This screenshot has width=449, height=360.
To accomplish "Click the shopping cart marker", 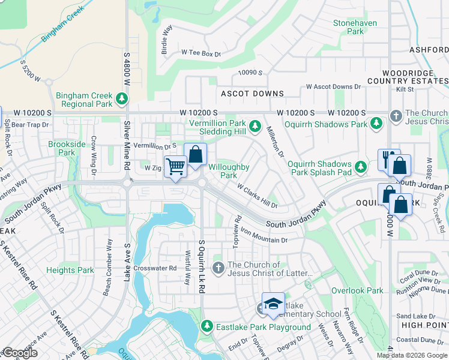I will pos(175,166).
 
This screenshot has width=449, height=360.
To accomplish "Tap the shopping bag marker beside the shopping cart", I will pos(196,155).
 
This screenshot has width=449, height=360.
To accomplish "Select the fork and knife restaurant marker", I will pos(388,158).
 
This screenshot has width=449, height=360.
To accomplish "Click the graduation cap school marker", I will pos(273,304).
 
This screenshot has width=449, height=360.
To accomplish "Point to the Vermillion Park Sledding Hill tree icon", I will pos(255,125).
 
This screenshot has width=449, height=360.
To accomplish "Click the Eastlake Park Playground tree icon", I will pos(207,326).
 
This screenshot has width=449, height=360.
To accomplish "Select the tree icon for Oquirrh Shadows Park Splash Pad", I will pos(361,166).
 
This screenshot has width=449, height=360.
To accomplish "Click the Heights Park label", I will pos(70,270).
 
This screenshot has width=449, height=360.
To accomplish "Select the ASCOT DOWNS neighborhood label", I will pos(252,94).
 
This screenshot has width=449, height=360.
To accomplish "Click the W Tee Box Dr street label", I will pos(201,53).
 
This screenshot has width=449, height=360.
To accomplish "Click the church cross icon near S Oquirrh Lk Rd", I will pos(218,266).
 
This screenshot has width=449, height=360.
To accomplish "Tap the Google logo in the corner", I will pos(20,353).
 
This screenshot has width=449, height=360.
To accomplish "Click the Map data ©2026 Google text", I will pos(411,355).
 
